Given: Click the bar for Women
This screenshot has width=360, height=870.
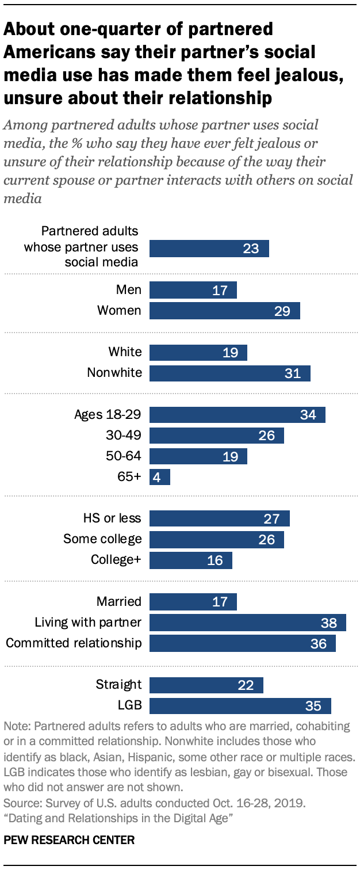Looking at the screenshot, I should tap(224, 311).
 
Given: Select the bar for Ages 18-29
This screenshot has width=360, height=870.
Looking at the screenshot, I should tap(237, 414).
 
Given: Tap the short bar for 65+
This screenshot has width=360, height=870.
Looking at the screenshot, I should tap(159, 477).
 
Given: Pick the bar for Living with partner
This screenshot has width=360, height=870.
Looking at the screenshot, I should tap(247, 623).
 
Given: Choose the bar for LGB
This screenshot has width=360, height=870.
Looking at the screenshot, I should tap(240, 705).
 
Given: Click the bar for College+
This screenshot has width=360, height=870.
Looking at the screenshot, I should tap(190, 560).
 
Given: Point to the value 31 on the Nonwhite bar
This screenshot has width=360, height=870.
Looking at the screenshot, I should tap(293, 373).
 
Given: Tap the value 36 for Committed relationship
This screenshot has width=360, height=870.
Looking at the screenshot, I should tap(318, 643).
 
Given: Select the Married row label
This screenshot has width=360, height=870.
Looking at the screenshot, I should tap(119, 602).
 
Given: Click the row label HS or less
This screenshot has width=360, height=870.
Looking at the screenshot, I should tap(112, 518).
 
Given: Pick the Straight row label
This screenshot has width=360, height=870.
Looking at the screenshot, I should tap(118, 685).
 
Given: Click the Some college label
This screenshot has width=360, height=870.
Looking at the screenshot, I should tap(102, 539).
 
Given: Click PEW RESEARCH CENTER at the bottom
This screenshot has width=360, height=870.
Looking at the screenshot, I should tap(69, 840).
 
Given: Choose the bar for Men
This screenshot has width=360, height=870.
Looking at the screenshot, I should tap(193, 290).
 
